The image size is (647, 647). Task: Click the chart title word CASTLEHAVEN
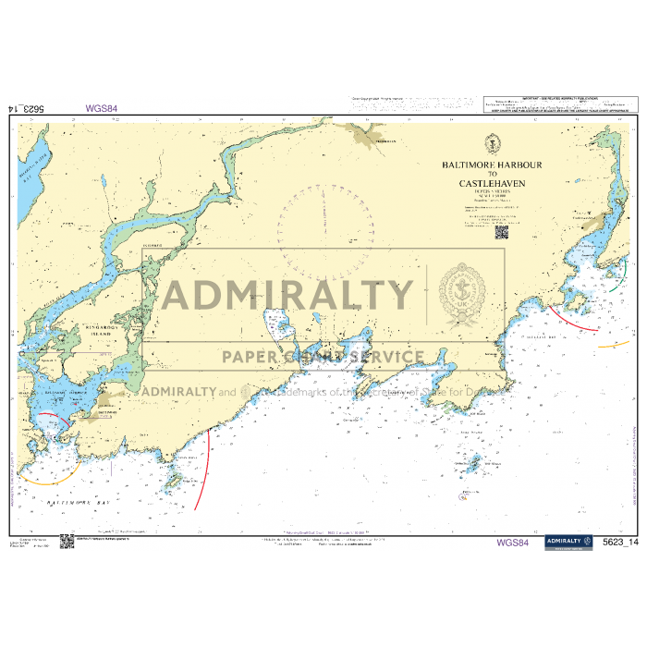[x=492, y=184]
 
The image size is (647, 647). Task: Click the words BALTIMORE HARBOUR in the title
[x=492, y=165]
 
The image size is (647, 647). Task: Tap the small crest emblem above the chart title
[x=492, y=143]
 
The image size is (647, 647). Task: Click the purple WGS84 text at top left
[x=101, y=108]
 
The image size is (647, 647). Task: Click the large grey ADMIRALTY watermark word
[x=288, y=296]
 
